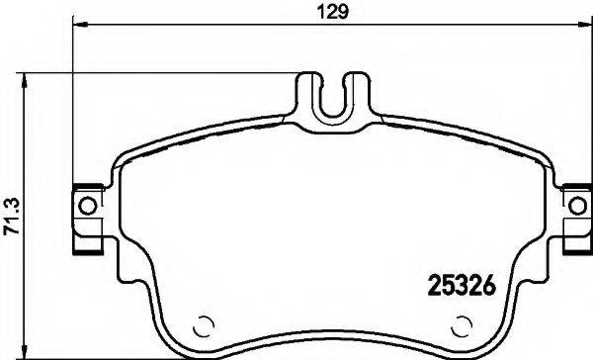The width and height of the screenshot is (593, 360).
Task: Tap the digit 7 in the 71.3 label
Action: click(13, 225)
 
